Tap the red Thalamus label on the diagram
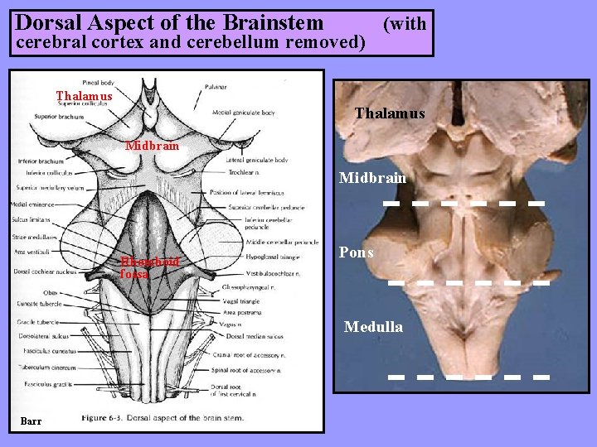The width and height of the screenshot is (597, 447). (x=84, y=96)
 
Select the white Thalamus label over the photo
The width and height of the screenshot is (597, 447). (x=389, y=113)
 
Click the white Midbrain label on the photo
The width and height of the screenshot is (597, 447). (x=373, y=178)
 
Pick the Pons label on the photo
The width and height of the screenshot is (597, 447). (x=356, y=252)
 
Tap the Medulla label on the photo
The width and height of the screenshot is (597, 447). (x=373, y=327)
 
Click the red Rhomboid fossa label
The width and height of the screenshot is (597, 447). (x=148, y=267)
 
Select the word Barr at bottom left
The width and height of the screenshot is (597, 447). (x=31, y=421)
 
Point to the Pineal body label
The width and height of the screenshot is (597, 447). (x=98, y=82)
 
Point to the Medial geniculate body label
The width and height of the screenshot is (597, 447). (x=244, y=113)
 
